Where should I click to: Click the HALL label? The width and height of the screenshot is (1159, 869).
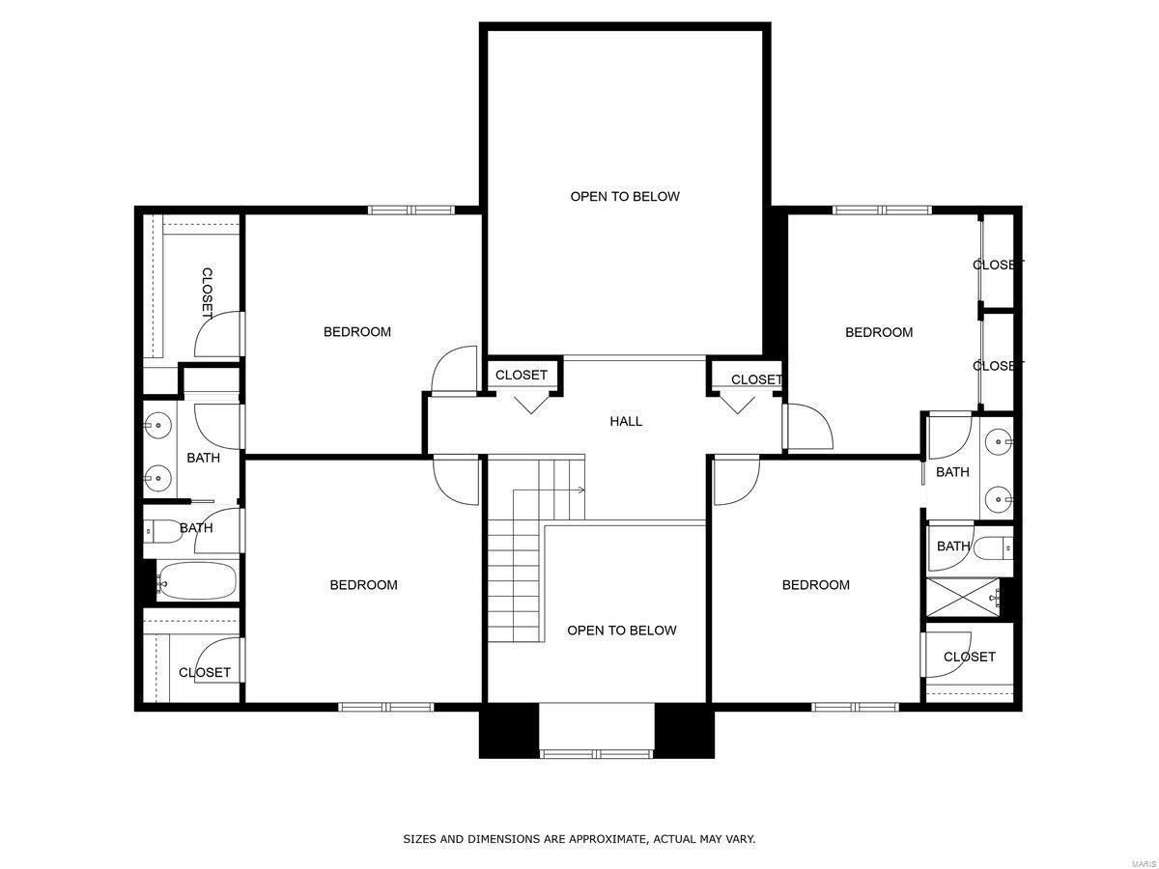pyautogui.click(x=626, y=421)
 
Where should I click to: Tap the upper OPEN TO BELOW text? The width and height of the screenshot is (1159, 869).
pyautogui.click(x=625, y=196)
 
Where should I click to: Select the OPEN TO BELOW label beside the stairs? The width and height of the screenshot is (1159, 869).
pyautogui.click(x=621, y=631)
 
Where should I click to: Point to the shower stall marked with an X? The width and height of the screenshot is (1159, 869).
pyautogui.click(x=962, y=597)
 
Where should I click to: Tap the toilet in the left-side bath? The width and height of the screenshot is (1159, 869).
pyautogui.click(x=159, y=529)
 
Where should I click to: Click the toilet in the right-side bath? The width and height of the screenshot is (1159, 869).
pyautogui.click(x=993, y=547)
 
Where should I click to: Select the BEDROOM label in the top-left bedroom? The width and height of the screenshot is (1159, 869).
pyautogui.click(x=357, y=332)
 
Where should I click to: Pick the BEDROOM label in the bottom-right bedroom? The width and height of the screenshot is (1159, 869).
pyautogui.click(x=816, y=585)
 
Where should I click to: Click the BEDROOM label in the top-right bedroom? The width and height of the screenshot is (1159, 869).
pyautogui.click(x=879, y=332)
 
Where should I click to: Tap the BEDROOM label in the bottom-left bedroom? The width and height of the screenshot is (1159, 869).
pyautogui.click(x=363, y=585)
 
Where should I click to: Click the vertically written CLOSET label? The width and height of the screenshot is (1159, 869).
pyautogui.click(x=207, y=294)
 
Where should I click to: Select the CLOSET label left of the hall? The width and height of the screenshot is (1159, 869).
pyautogui.click(x=522, y=375)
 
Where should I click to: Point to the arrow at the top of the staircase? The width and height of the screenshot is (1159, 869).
pyautogui.click(x=579, y=491)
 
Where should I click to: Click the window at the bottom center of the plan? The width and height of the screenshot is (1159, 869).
pyautogui.click(x=596, y=753)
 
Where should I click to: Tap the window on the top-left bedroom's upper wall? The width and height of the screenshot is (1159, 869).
pyautogui.click(x=410, y=210)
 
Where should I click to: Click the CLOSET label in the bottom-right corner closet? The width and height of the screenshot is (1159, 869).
pyautogui.click(x=969, y=657)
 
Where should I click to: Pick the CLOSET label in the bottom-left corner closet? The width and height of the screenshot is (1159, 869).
pyautogui.click(x=205, y=672)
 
